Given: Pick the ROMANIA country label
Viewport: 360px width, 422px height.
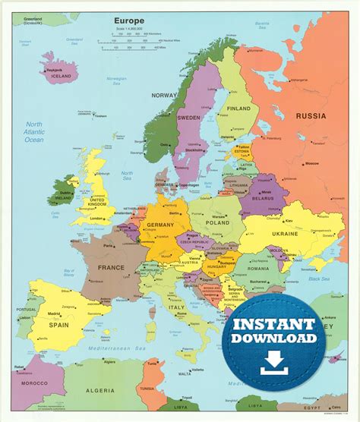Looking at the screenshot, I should pos(257,269).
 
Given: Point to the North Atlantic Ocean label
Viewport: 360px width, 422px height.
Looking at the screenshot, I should pos(34,132).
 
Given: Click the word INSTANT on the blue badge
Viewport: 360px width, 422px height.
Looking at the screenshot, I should pos(274,324).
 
